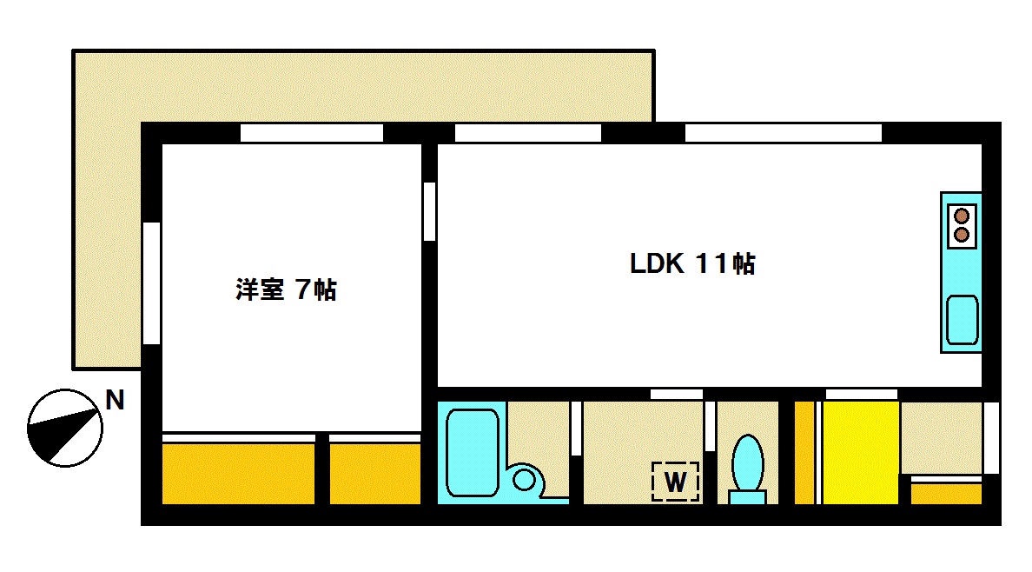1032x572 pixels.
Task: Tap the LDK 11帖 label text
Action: (692, 263)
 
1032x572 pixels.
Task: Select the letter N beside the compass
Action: (115, 401)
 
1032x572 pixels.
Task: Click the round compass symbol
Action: (65, 427)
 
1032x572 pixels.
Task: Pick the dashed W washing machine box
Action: (676, 480)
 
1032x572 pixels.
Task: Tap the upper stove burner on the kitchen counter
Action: (962, 216)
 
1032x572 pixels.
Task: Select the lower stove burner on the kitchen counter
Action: (962, 234)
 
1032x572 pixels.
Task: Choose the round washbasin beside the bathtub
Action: (525, 479)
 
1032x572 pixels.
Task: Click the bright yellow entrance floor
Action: (860, 452)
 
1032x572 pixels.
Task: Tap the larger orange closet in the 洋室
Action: (238, 473)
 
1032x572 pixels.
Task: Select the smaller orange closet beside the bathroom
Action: (374, 473)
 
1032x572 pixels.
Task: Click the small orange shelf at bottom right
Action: (945, 494)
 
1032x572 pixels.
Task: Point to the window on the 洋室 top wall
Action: (311, 133)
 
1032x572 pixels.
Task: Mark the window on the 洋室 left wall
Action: (151, 283)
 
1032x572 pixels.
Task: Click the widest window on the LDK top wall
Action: (783, 133)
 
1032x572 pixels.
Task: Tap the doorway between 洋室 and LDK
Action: (429, 211)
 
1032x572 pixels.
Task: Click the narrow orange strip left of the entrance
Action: (804, 452)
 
